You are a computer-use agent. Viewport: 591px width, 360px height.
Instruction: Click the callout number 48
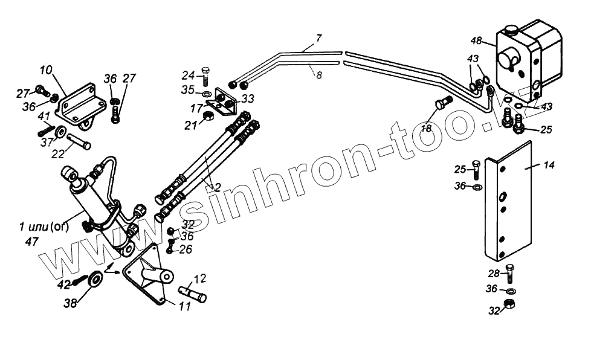pos(476,41)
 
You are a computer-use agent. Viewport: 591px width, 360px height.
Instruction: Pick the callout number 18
pos(427,129)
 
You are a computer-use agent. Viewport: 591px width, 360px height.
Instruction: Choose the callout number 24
pos(189,76)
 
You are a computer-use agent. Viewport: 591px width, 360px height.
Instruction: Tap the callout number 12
pos(200,278)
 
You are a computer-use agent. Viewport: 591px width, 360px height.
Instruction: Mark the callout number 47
pos(31,241)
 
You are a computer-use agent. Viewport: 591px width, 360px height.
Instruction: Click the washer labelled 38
pos(95,281)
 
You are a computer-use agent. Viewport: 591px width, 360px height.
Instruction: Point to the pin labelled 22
pos(79,142)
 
